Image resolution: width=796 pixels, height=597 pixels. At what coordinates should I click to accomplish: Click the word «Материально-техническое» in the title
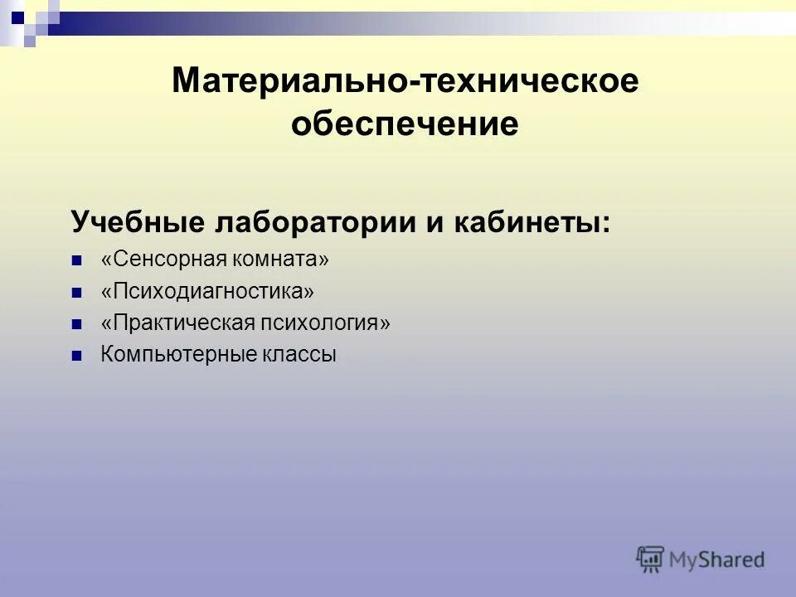[405, 81]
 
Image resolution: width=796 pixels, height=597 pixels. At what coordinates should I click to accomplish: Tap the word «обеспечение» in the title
[405, 124]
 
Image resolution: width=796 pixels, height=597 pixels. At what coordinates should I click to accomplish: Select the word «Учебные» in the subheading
[137, 222]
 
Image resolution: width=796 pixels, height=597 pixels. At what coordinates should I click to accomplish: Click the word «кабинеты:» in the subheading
[535, 222]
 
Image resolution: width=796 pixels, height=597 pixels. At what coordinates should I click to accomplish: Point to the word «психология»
[329, 323]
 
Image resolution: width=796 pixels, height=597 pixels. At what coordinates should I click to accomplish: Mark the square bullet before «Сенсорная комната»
[77, 260]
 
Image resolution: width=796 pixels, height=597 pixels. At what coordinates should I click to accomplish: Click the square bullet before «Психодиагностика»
[77, 293]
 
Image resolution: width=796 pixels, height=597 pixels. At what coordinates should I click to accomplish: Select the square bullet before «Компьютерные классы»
[77, 356]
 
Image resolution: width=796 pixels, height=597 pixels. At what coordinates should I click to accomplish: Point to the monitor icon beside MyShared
[651, 558]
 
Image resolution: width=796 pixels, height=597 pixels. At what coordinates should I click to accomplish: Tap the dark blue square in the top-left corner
[17, 14]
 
